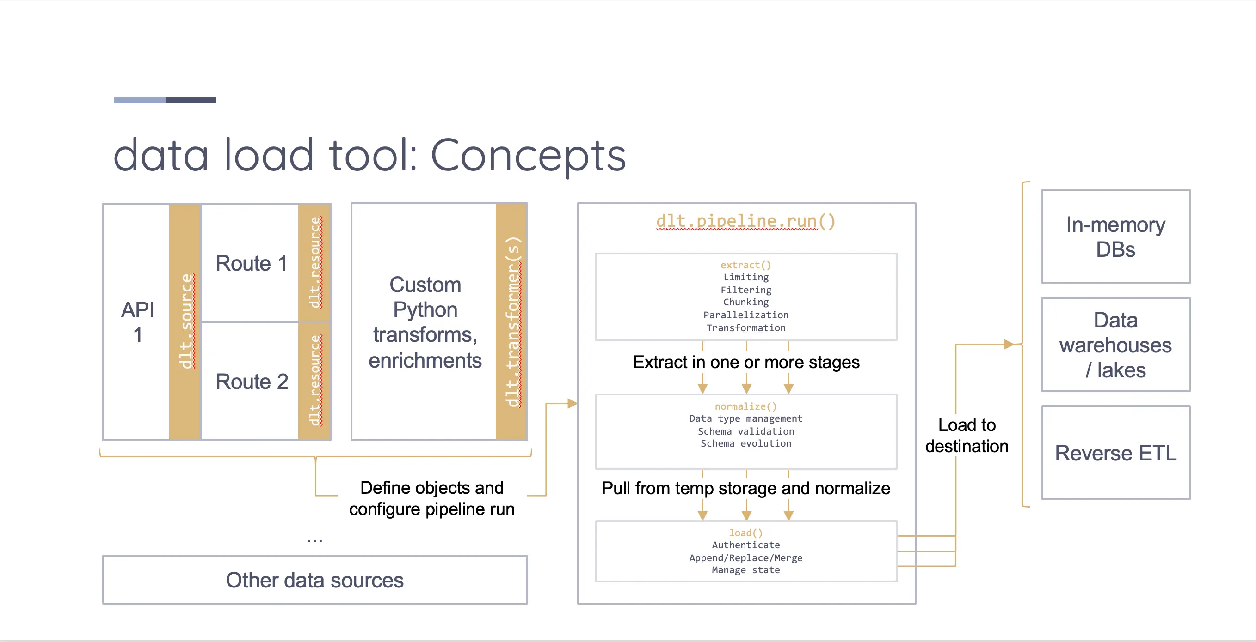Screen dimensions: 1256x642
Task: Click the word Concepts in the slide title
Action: [528, 156]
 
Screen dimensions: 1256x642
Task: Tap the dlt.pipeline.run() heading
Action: [745, 221]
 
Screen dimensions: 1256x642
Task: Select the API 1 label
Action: [137, 322]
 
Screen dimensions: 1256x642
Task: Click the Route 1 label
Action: [251, 264]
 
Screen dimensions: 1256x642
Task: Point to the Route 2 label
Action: [252, 382]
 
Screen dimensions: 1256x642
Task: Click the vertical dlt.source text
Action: [186, 321]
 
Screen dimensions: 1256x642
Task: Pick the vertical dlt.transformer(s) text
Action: [512, 322]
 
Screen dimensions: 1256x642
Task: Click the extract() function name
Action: [745, 265]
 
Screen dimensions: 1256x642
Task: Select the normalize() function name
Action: [745, 406]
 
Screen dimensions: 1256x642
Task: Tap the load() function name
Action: [745, 533]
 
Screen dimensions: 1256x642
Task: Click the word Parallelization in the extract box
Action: [745, 315]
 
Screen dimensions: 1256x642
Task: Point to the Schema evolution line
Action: [745, 443]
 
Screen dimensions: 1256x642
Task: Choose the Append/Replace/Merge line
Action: [745, 558]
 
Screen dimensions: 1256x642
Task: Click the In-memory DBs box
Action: [1115, 237]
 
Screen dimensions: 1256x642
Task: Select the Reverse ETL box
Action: [1115, 453]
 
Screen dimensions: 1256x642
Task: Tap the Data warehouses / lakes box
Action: [1115, 345]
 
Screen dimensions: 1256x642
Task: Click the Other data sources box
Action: [315, 580]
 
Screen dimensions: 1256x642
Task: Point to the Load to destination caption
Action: [967, 436]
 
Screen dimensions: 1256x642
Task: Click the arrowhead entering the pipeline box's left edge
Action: [573, 403]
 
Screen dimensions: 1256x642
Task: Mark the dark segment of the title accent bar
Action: [191, 100]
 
